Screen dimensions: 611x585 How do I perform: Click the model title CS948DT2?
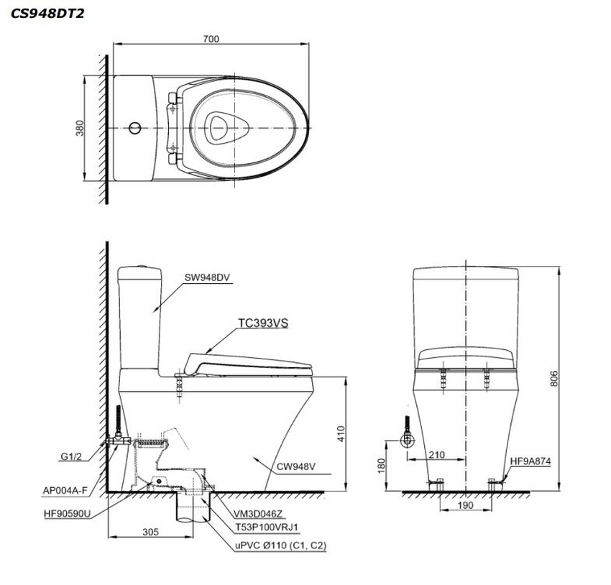(47, 14)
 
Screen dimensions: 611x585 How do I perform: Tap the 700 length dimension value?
(211, 39)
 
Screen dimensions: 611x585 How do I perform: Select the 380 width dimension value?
(80, 128)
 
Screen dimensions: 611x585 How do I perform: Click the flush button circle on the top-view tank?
(135, 128)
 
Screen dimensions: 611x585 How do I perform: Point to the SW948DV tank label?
(207, 277)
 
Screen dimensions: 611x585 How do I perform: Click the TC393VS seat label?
(263, 323)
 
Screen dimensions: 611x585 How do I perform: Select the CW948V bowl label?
(296, 466)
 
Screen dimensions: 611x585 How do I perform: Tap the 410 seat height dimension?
(341, 433)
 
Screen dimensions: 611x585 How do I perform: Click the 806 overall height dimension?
(553, 379)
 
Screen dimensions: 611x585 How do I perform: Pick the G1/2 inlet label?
(71, 456)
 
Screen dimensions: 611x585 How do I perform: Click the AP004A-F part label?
(65, 491)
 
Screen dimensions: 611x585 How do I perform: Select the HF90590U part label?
(67, 514)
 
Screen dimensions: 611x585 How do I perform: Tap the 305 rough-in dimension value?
(150, 532)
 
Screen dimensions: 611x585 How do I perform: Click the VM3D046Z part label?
(258, 514)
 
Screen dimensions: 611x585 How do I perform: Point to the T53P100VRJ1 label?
(267, 528)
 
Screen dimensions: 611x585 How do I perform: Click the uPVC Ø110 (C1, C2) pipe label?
(280, 545)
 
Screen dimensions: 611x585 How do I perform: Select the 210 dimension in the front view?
(436, 454)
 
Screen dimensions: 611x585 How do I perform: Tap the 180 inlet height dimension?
(382, 466)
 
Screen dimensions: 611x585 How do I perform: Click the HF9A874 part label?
(530, 461)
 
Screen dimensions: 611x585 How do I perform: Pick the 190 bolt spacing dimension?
(465, 505)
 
